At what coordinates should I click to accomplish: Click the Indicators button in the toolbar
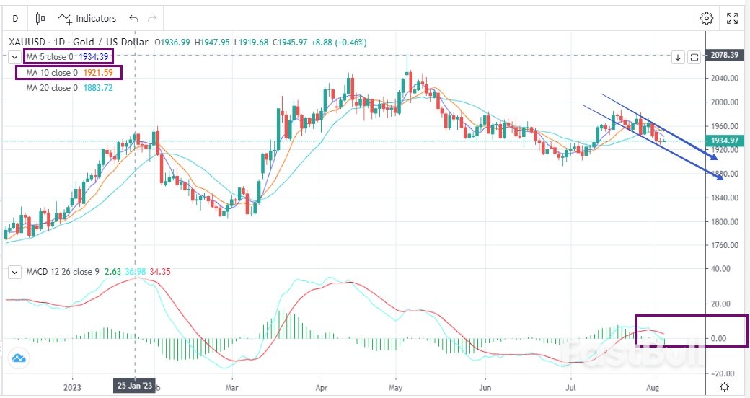(87, 18)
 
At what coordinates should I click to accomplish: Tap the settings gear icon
(707, 18)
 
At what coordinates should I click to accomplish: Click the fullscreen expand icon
(732, 18)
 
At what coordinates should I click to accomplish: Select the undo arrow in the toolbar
(133, 18)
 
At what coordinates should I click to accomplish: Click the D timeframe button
(15, 18)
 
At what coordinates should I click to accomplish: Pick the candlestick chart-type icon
(40, 18)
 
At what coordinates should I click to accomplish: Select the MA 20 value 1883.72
(98, 88)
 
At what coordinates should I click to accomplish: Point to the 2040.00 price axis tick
(723, 79)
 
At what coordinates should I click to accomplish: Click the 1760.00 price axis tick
(723, 245)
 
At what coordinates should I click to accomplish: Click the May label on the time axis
(395, 386)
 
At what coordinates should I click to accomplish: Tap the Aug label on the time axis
(653, 386)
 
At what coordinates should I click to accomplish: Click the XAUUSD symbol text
(30, 42)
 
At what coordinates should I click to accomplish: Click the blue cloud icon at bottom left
(18, 358)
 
